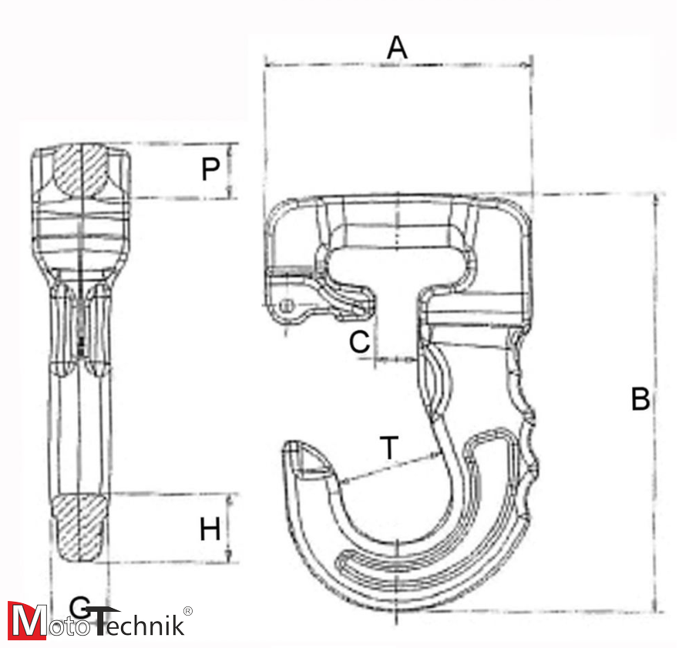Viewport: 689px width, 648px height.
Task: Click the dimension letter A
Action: [x=397, y=48]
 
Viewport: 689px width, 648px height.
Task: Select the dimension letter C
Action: [x=360, y=342]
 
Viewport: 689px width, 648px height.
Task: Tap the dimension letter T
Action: [x=391, y=446]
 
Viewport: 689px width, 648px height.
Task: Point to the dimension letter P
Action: [x=210, y=170]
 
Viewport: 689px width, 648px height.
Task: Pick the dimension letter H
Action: [x=210, y=530]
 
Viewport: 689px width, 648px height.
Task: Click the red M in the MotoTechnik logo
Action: [x=26, y=620]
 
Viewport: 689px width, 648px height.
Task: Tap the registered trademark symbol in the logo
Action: [x=187, y=611]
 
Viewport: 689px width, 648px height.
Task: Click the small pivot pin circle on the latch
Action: [x=286, y=307]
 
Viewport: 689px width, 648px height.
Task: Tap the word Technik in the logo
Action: [x=139, y=622]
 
